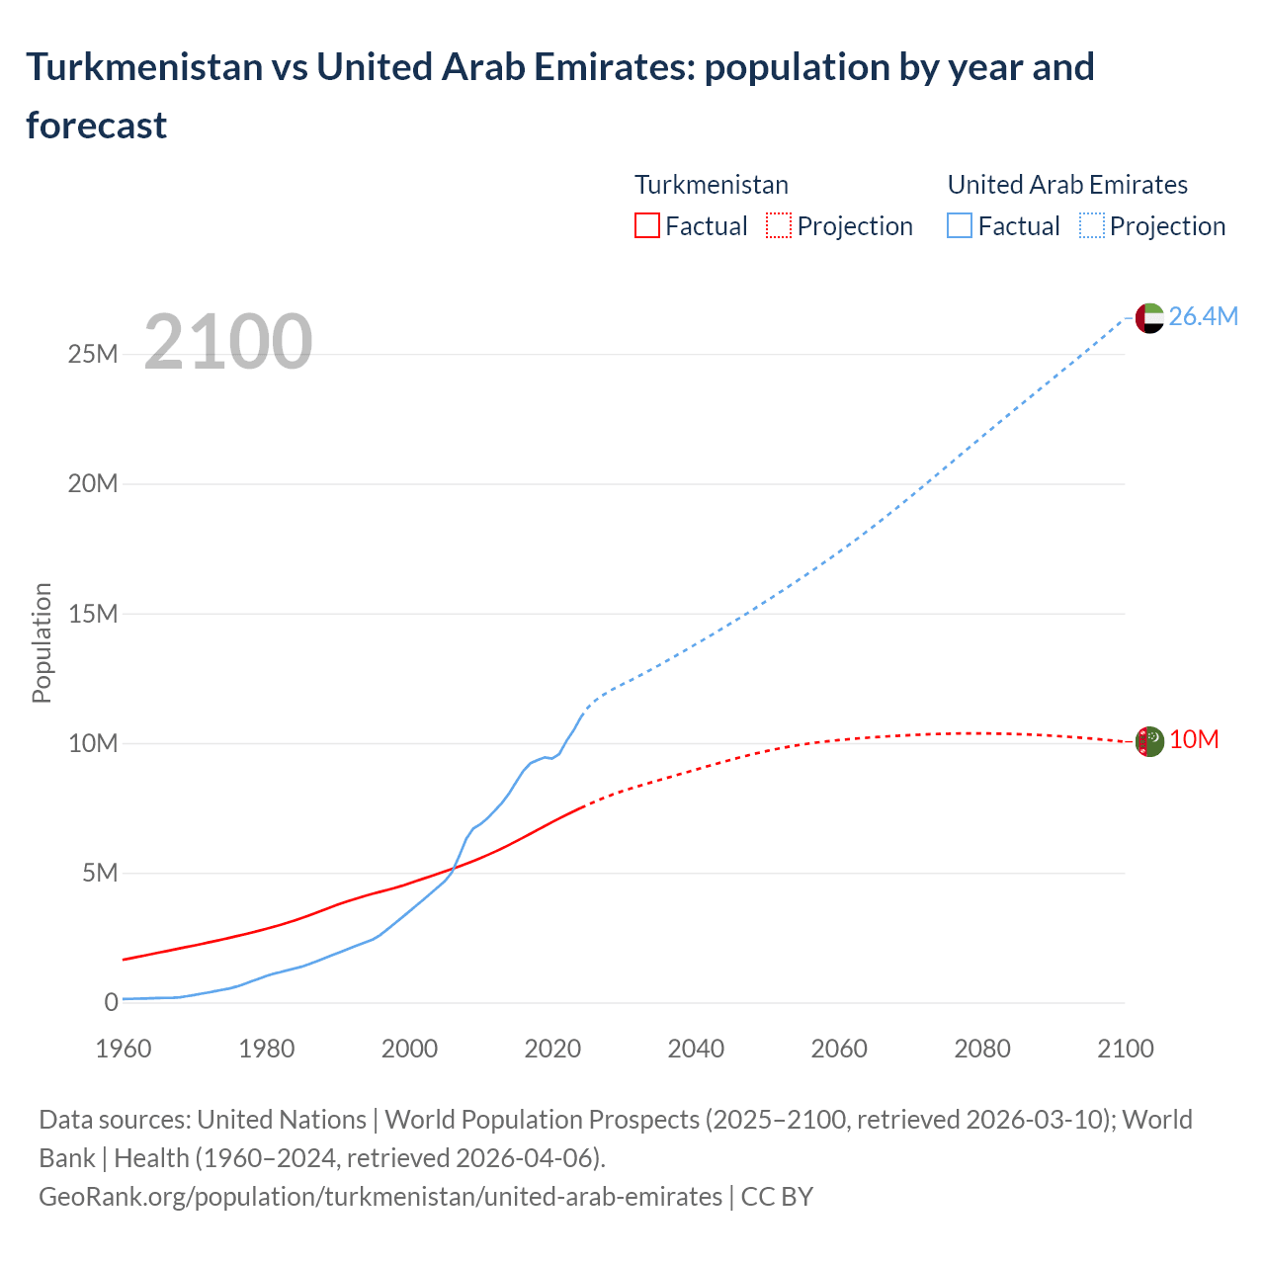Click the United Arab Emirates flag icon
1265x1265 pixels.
click(1148, 318)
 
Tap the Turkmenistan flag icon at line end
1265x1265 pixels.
click(1148, 741)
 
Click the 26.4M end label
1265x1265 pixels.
click(1203, 316)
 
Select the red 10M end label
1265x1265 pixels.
click(1194, 740)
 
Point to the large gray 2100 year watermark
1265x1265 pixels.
click(228, 342)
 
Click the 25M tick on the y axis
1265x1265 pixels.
click(93, 354)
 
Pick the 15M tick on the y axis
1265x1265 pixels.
click(93, 614)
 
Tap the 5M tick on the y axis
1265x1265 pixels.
click(100, 873)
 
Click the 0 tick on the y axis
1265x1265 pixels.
click(111, 1002)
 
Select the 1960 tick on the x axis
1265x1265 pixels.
click(124, 1049)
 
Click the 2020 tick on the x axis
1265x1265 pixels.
click(552, 1049)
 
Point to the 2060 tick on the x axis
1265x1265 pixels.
click(839, 1049)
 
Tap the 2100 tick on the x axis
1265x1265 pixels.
click(1125, 1049)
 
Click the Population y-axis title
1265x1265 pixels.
click(42, 642)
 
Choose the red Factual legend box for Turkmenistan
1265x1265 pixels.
click(646, 226)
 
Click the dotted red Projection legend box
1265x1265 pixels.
click(779, 226)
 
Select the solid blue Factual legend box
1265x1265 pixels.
click(960, 226)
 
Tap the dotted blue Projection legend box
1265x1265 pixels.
click(1092, 226)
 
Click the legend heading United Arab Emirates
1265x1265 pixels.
click(1067, 185)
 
